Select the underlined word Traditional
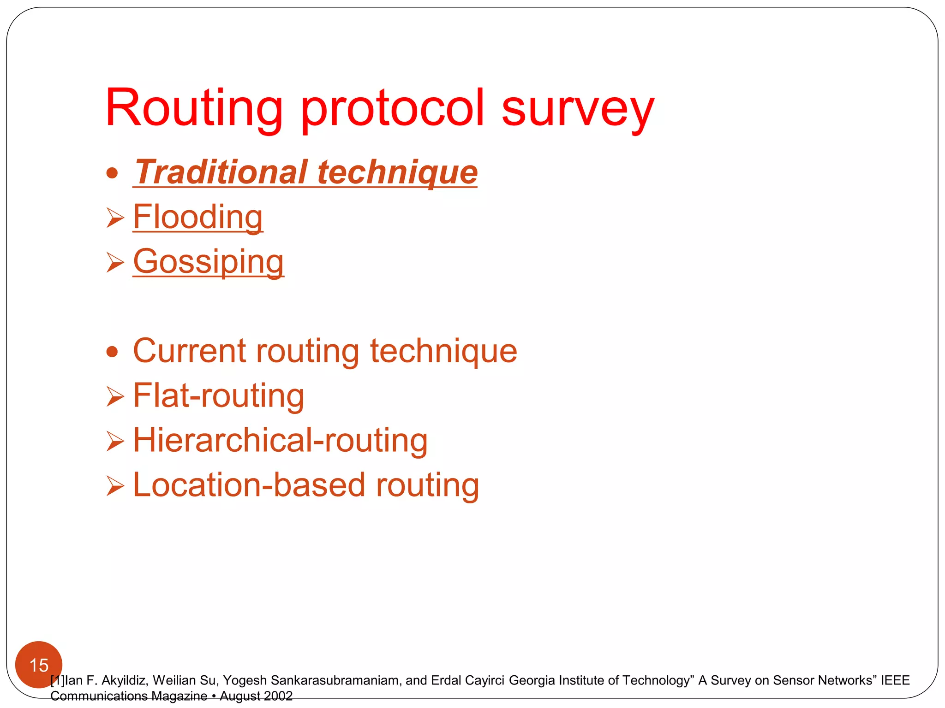[x=221, y=172]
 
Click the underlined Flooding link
[x=198, y=217]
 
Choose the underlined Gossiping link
[x=209, y=261]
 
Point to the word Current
[x=189, y=351]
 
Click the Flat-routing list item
[x=218, y=395]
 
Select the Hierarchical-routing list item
[x=280, y=440]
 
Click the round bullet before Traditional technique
[x=112, y=174]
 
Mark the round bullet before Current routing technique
[x=112, y=353]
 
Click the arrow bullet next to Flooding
[x=115, y=218]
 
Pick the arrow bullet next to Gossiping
[x=115, y=262]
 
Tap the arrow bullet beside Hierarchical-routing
[x=115, y=441]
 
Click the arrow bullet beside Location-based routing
[x=115, y=486]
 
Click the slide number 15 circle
[x=39, y=665]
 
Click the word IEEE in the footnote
[x=895, y=680]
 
